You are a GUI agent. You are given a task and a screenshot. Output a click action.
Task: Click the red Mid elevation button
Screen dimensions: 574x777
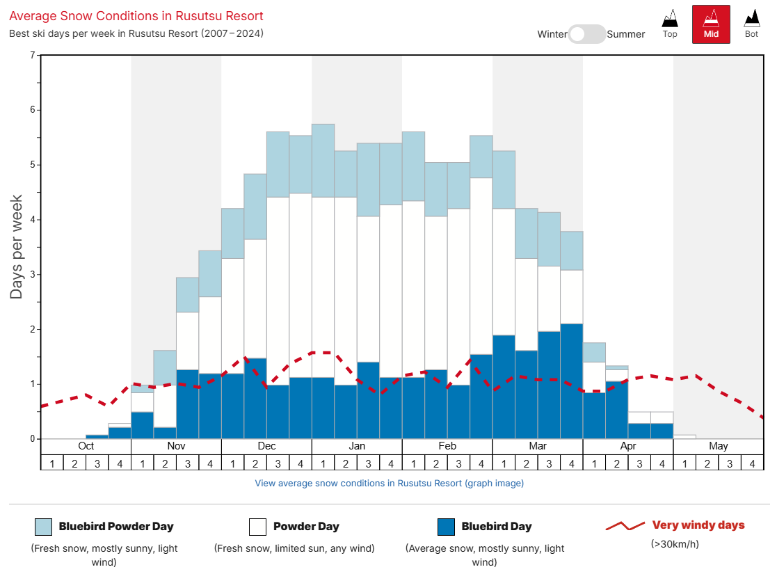(710, 24)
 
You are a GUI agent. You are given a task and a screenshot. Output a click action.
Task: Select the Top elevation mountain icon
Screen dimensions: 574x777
(670, 24)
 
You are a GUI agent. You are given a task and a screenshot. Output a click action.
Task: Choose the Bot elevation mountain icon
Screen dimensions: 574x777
(751, 24)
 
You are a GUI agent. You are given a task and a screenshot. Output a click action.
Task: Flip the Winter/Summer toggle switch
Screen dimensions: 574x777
(587, 34)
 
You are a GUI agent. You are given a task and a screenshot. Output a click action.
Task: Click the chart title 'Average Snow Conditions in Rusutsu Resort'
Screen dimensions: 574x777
(136, 15)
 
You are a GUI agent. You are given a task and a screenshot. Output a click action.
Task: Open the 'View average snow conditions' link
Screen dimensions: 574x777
(389, 483)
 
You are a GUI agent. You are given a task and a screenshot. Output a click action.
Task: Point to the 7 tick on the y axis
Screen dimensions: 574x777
(32, 55)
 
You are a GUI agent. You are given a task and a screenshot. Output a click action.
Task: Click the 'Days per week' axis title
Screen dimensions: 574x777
(17, 247)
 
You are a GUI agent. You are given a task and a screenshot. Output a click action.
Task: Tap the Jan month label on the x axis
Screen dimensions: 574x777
(357, 446)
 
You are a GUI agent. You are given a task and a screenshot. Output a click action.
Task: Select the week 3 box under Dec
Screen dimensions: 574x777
(278, 463)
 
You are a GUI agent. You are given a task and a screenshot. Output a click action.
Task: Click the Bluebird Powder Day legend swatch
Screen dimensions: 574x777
(43, 527)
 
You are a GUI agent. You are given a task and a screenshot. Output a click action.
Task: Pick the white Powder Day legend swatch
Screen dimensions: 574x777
(257, 527)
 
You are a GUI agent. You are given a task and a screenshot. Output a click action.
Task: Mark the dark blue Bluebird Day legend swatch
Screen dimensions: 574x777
(446, 527)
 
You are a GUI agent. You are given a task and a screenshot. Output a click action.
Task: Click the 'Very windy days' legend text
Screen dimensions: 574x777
(698, 525)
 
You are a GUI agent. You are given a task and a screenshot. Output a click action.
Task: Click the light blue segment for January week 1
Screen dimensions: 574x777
(323, 160)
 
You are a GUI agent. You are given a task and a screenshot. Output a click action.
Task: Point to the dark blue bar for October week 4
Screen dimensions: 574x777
(120, 433)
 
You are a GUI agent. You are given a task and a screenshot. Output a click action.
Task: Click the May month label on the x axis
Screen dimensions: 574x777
(719, 446)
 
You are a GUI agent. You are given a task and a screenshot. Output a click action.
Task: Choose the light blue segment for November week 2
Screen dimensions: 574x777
(165, 367)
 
